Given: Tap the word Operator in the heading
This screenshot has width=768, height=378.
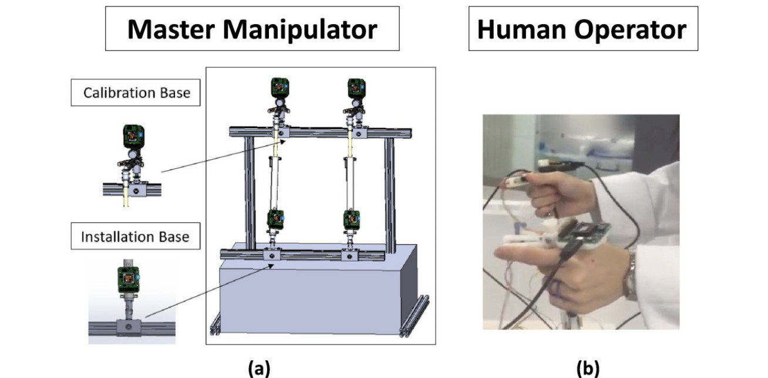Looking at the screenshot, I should coord(629,29).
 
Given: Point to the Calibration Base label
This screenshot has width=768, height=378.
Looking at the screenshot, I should coord(136,93).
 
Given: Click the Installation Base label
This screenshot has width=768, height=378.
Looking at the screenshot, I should coord(135,237).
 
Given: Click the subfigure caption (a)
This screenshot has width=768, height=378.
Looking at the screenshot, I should coord(259,368).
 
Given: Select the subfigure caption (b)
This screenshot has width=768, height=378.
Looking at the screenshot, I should coord(588,368).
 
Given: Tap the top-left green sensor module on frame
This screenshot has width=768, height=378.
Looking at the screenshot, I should coord(278,88).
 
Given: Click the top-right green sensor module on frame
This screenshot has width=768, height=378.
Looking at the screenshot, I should coord(356,88).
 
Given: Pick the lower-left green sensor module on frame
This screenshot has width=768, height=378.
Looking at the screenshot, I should coord(275,219).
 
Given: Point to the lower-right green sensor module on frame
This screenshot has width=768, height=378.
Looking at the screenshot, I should coord(351,219).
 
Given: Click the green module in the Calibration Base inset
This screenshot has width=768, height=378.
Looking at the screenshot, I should coord(134,136).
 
